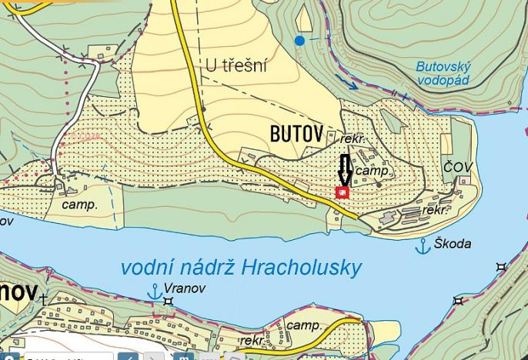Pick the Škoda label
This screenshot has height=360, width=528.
[x=453, y=244]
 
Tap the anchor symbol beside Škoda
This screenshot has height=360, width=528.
[x=422, y=246]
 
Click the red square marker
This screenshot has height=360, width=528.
[x=343, y=192]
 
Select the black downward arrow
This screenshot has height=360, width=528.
[x=343, y=169]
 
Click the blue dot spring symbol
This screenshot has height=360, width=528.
[x=299, y=40]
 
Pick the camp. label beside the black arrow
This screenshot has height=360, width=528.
[x=373, y=172]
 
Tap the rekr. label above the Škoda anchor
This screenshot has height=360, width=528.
[x=436, y=209]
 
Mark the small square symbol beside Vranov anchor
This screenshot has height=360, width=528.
[x=169, y=301]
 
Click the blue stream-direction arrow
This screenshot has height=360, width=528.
[x=350, y=85]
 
